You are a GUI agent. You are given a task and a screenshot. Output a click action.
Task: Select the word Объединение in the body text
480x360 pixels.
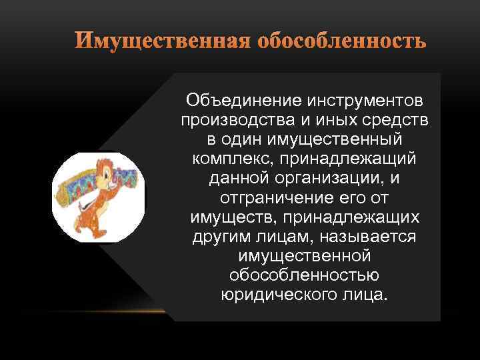[243, 101]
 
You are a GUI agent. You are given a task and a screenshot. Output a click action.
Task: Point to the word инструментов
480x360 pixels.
[364, 101]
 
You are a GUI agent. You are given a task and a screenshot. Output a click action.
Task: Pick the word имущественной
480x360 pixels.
[303, 256]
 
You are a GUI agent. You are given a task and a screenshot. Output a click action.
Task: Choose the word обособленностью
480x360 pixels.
[303, 275]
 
